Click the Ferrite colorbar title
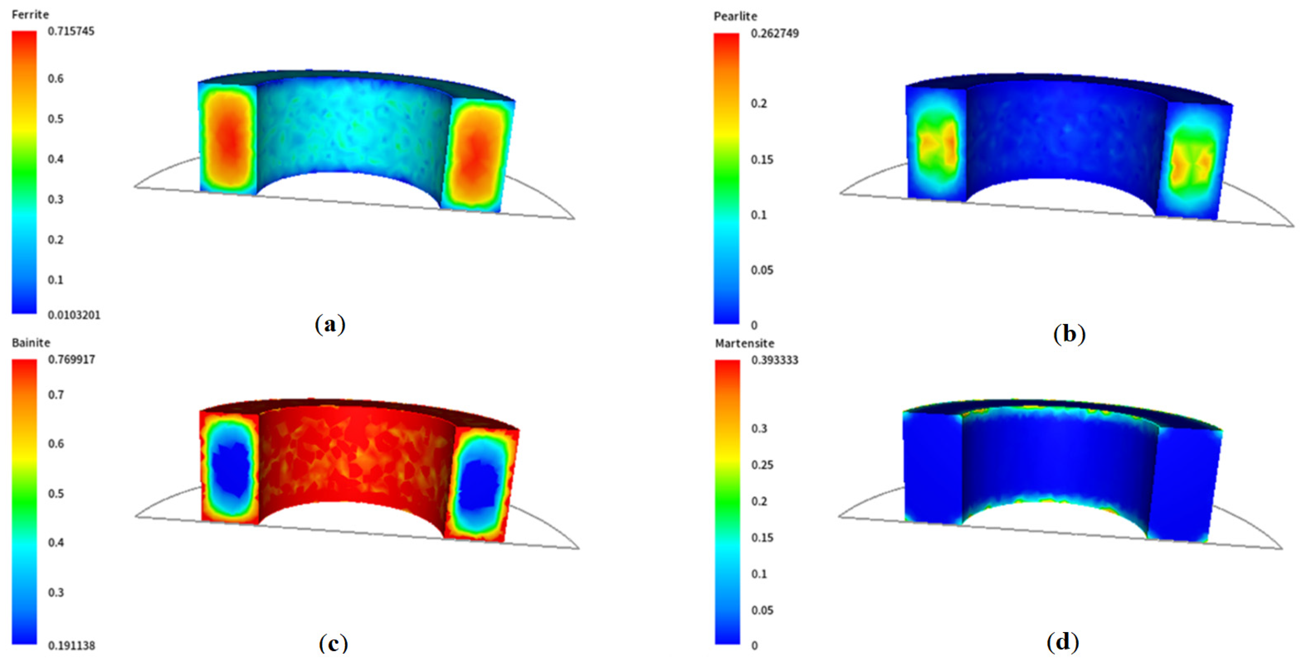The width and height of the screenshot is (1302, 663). (x=30, y=14)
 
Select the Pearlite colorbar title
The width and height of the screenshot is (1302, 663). (x=735, y=17)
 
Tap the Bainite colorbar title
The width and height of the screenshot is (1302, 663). (x=31, y=343)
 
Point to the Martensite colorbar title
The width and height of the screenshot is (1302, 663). (x=745, y=343)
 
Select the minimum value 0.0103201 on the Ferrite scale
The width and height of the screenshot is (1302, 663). (x=74, y=315)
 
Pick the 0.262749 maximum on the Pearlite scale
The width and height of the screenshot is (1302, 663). (x=775, y=33)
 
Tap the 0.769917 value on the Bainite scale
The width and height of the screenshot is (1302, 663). (x=71, y=360)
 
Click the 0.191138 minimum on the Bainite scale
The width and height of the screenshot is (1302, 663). (x=71, y=646)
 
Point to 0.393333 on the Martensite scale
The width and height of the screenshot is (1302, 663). (x=775, y=360)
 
